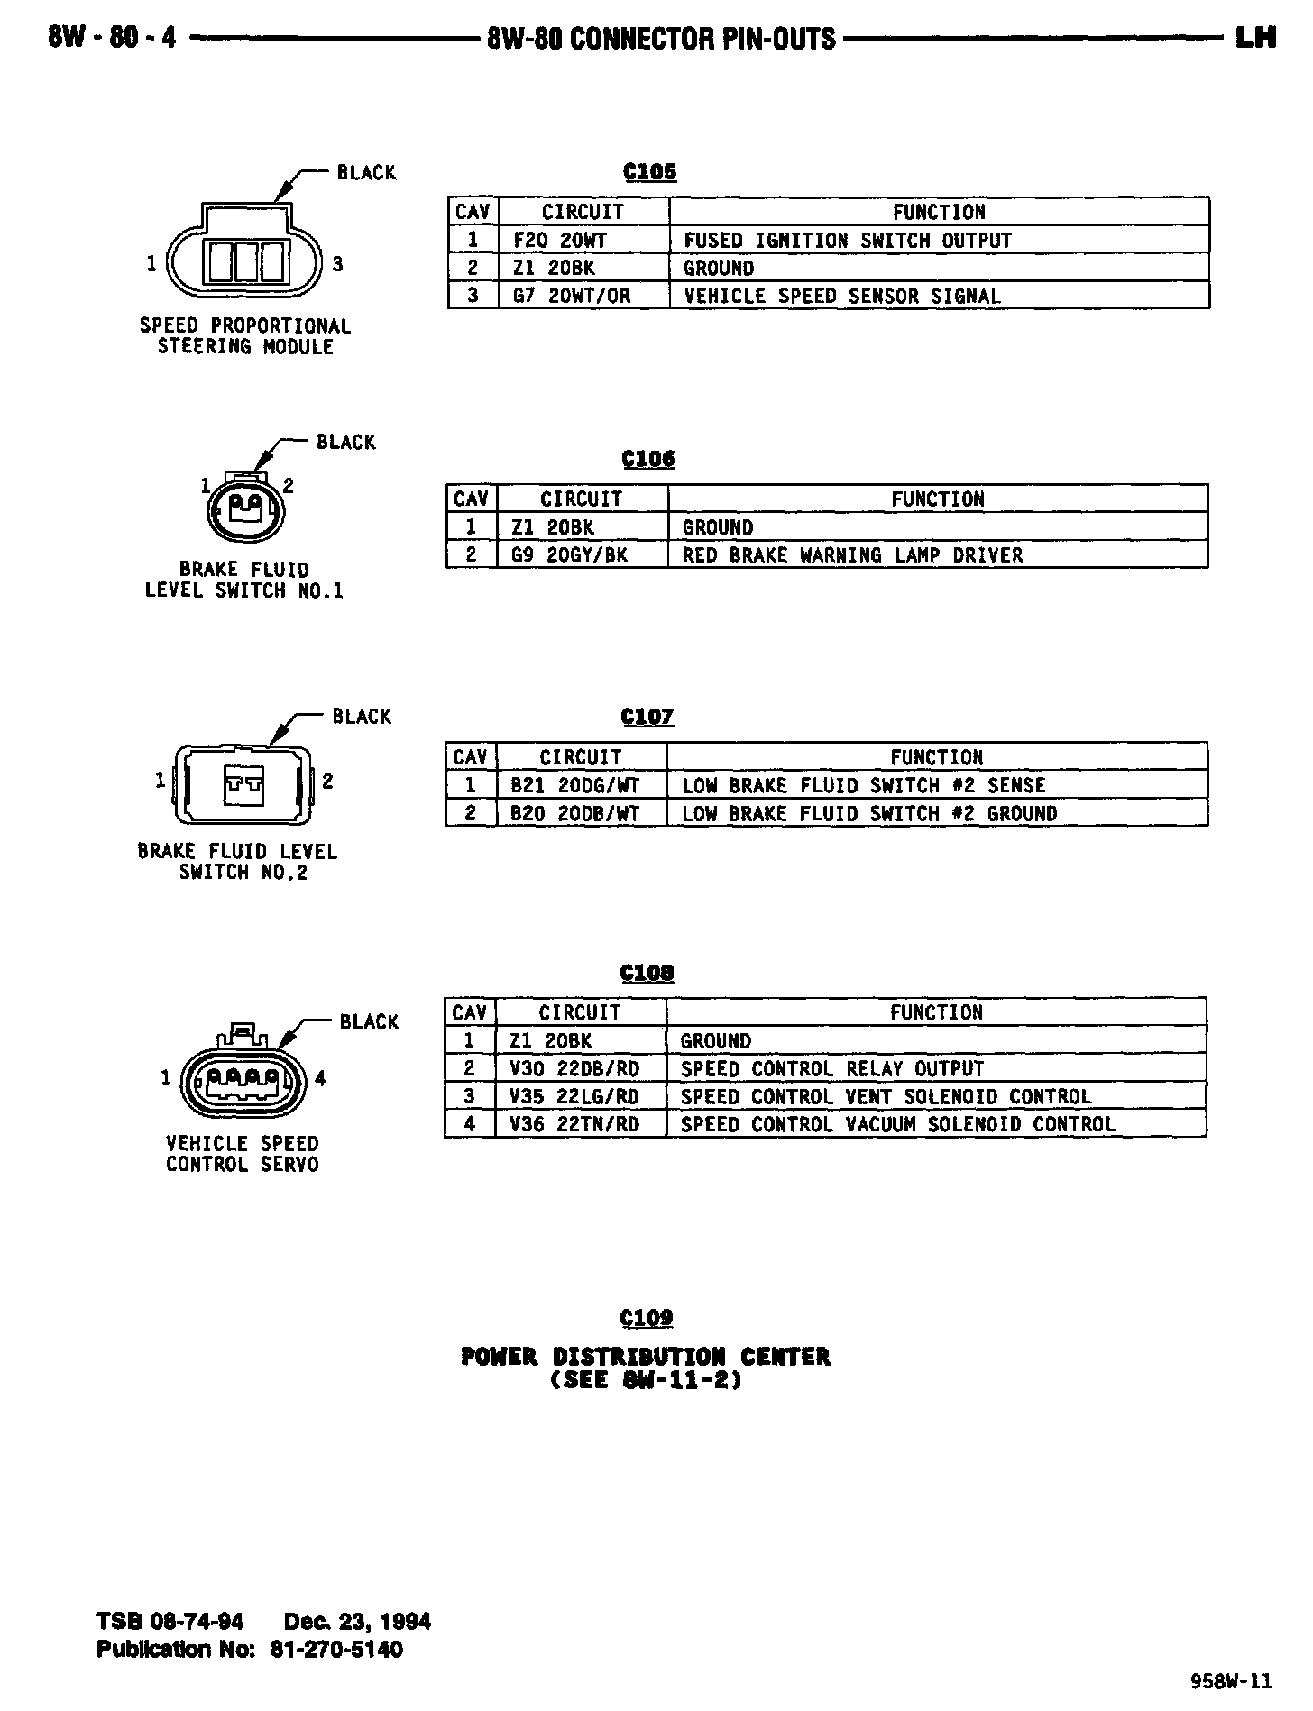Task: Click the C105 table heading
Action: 649,172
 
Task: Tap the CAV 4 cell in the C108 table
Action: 470,1124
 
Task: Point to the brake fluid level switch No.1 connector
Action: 245,511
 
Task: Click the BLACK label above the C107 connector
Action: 362,717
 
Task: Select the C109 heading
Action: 647,1318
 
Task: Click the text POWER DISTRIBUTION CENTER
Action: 646,1357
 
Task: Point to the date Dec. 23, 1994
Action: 357,1622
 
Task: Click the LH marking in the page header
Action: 1254,38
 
